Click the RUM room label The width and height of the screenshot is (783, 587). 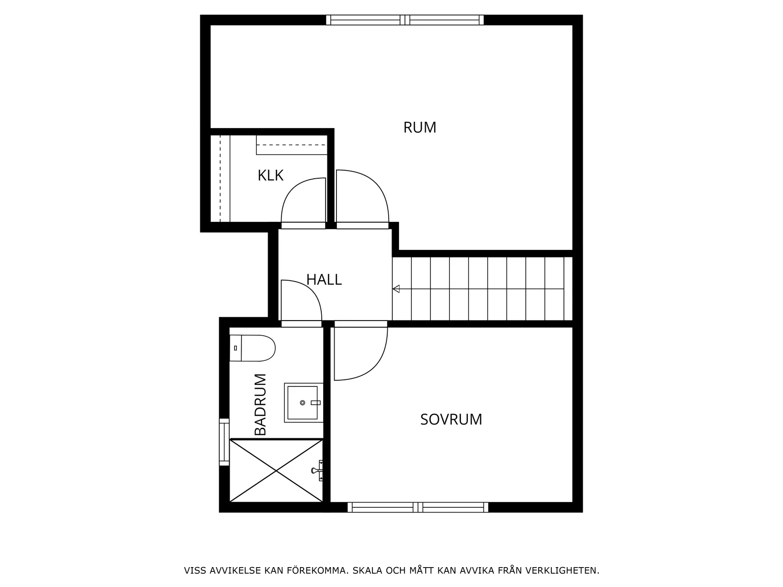(x=419, y=128)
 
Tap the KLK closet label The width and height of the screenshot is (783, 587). (x=270, y=175)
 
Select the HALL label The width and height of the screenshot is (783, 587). (x=324, y=280)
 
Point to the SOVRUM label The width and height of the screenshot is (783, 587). (x=451, y=420)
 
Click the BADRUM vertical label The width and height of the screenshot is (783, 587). (x=261, y=404)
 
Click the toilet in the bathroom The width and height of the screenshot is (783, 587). (x=253, y=348)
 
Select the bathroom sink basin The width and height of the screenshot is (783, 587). (x=303, y=403)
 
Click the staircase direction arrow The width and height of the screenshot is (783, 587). (x=396, y=289)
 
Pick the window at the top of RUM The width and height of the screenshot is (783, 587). (x=405, y=20)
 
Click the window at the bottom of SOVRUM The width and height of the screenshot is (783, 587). (x=418, y=507)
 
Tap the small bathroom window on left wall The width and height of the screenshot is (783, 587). (x=224, y=442)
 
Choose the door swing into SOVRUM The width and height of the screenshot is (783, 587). (x=361, y=353)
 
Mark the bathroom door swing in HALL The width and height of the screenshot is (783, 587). (x=301, y=300)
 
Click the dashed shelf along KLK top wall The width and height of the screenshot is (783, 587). (x=291, y=145)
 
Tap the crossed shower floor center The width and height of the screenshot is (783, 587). (x=276, y=470)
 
